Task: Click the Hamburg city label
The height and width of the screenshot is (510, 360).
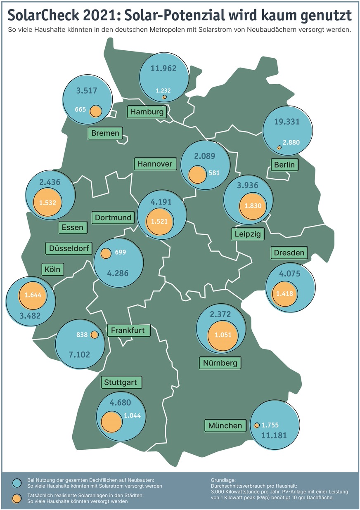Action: pyautogui.click(x=147, y=111)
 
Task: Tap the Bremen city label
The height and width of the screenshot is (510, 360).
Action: pyautogui.click(x=105, y=133)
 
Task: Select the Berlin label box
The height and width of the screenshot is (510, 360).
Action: pyautogui.click(x=284, y=165)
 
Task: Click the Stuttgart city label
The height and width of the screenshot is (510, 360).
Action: pyautogui.click(x=121, y=382)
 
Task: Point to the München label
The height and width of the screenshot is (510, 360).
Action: pyautogui.click(x=225, y=425)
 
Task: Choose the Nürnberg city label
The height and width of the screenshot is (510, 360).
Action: pyautogui.click(x=220, y=363)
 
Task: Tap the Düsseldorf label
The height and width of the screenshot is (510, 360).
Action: pyautogui.click(x=69, y=248)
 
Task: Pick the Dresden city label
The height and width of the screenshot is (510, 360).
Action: pyautogui.click(x=289, y=253)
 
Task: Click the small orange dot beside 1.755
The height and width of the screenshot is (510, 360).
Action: pyautogui.click(x=257, y=425)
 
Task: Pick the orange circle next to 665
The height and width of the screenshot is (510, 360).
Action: pyautogui.click(x=96, y=110)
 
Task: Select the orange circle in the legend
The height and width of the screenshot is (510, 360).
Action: pyautogui.click(x=17, y=498)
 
